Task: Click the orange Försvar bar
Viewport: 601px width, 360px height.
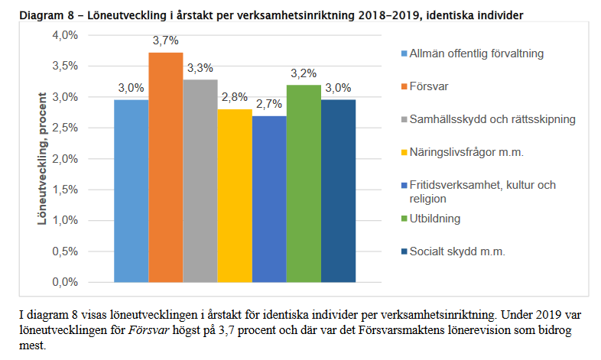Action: (165, 167)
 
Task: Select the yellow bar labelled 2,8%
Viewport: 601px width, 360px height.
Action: (234, 196)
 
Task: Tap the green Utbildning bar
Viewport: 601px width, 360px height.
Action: (304, 183)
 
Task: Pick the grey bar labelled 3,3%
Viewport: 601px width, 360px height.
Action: (200, 180)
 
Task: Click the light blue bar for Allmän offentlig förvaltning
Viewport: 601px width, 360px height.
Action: (131, 190)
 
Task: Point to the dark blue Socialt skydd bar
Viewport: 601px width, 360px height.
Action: (338, 190)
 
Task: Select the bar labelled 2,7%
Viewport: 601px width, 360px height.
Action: (269, 199)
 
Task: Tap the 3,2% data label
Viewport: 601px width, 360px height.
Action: (304, 74)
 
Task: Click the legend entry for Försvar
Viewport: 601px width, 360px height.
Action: (428, 86)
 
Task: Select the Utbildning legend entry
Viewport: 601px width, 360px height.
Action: (434, 219)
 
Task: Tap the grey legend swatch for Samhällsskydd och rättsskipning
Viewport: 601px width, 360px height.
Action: (404, 119)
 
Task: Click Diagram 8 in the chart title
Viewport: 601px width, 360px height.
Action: (33, 15)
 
